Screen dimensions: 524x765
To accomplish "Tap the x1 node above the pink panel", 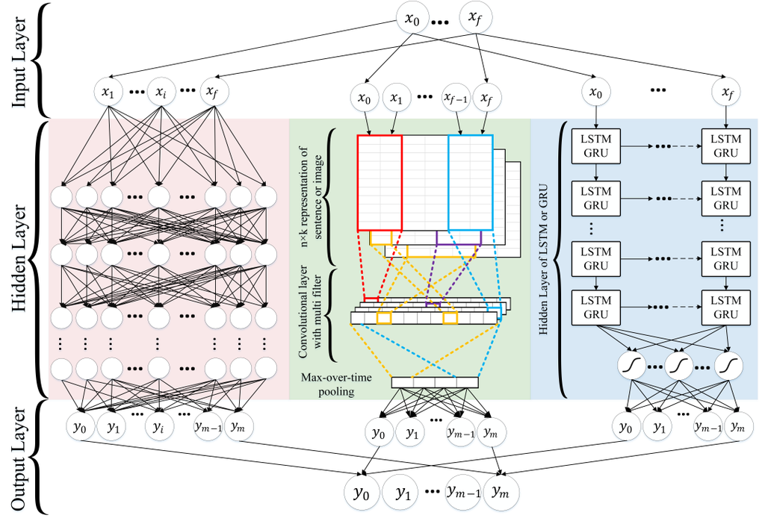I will click(x=110, y=93).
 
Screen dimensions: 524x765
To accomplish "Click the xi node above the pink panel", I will click(x=161, y=93).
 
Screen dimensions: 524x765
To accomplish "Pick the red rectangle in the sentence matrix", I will click(x=380, y=182).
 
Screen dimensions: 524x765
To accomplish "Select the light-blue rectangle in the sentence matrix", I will click(x=471, y=182).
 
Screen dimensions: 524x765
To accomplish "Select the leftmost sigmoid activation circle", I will click(x=631, y=366).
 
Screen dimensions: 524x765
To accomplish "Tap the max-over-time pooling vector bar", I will click(x=434, y=382).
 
